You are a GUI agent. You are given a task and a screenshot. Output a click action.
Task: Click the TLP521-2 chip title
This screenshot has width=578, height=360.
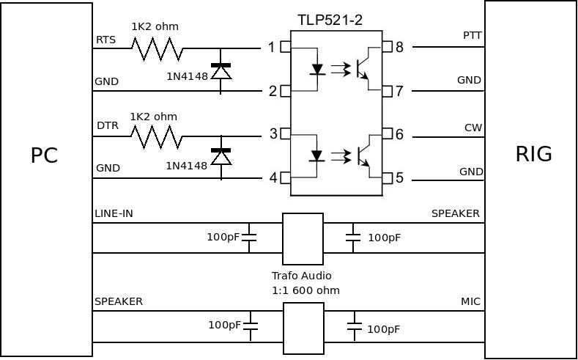[330, 20]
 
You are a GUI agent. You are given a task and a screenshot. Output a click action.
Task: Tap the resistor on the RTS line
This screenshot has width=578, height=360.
[157, 48]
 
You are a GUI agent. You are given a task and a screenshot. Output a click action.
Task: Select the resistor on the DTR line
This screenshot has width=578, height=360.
[156, 136]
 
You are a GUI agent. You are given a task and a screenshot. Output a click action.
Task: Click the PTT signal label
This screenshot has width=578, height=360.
[472, 35]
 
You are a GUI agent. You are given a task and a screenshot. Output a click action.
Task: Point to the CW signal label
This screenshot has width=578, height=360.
[473, 128]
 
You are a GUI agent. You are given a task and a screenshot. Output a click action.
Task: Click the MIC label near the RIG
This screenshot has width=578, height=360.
[470, 301]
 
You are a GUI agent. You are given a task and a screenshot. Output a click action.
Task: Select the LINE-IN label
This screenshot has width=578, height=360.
[114, 213]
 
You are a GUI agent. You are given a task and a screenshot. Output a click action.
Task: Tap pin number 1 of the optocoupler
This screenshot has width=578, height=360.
[271, 48]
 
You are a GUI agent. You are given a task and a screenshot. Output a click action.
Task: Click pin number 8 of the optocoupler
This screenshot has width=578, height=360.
[399, 48]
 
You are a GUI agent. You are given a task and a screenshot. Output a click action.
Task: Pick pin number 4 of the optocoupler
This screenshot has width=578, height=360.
[273, 177]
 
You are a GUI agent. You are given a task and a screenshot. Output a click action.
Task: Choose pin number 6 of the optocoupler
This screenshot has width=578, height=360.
[399, 135]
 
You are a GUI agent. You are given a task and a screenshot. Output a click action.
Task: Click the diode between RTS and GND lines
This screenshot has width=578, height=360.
[221, 70]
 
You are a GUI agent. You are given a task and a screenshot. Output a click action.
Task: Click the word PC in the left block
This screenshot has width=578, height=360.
[44, 155]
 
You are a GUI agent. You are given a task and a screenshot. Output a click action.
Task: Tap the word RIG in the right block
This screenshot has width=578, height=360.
[533, 154]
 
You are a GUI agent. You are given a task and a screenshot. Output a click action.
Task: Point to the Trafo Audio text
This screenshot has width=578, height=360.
[302, 276]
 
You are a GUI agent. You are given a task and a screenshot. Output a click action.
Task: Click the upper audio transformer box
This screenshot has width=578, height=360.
[303, 239]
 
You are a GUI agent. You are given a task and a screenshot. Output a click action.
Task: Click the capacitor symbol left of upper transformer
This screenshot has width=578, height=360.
[249, 237]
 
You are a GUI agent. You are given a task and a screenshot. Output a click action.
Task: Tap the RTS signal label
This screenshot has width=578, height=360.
[105, 40]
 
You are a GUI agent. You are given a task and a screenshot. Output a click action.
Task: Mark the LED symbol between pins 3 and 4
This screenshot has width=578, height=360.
[316, 155]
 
